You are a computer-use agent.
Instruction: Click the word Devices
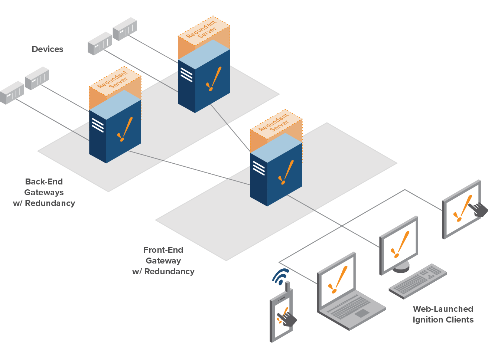[48, 49]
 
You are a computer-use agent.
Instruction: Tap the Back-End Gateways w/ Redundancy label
[44, 192]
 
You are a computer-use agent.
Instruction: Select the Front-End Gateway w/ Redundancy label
[163, 261]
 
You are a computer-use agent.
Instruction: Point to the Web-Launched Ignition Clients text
[443, 314]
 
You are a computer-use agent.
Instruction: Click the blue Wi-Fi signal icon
[280, 276]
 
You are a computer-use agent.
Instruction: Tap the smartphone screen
[281, 317]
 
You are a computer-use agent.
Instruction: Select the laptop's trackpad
[361, 313]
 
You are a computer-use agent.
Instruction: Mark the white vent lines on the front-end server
[258, 168]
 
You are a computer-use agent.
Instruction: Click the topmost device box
[125, 29]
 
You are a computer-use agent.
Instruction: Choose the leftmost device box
[12, 92]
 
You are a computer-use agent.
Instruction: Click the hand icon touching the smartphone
[288, 319]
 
